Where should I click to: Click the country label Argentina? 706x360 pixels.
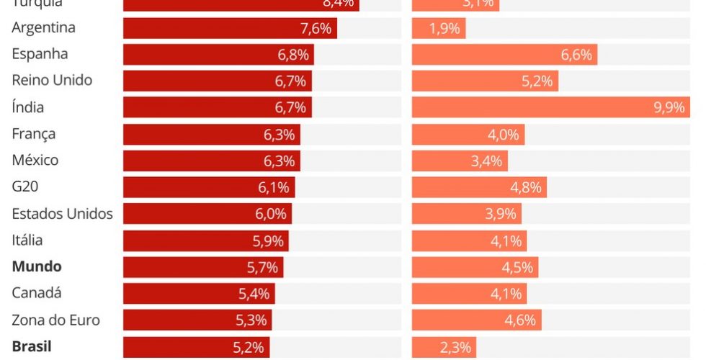click(44, 28)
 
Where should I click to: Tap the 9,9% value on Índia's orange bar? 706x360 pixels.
click(669, 108)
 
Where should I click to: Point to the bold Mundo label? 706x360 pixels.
click(37, 266)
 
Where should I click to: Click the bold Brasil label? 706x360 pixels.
click(32, 346)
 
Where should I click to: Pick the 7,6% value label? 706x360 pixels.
click(316, 29)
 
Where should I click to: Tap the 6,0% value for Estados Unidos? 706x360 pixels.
click(271, 214)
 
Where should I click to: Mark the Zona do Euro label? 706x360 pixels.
click(56, 320)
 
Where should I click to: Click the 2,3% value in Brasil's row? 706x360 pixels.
click(456, 348)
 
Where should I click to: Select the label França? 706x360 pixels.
click(34, 134)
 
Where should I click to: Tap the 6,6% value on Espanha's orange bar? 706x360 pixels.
click(576, 55)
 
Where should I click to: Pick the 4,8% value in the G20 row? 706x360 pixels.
click(526, 188)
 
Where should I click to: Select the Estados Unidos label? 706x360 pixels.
click(63, 214)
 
